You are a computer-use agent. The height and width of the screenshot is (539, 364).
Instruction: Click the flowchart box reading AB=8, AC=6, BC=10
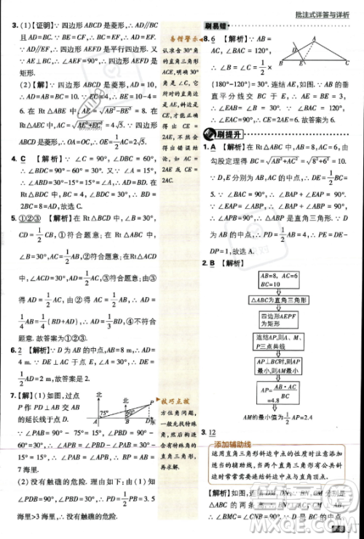pos(272,280)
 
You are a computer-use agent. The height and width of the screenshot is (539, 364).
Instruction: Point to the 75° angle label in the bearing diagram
pos(104,413)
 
